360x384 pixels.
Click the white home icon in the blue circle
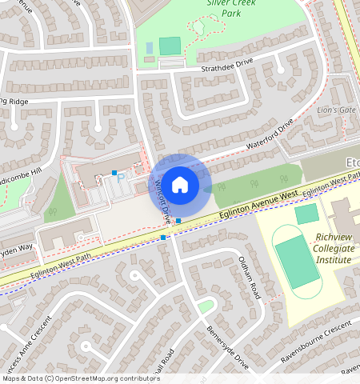pos(180,185)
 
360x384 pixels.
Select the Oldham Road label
pos(250,277)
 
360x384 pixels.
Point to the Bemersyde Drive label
pos(228,346)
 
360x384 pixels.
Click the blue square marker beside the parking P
pos(114,173)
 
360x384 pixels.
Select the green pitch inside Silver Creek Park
pos(170,46)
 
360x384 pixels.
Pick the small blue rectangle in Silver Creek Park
pos(150,48)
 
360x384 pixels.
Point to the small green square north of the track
pos(306,214)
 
